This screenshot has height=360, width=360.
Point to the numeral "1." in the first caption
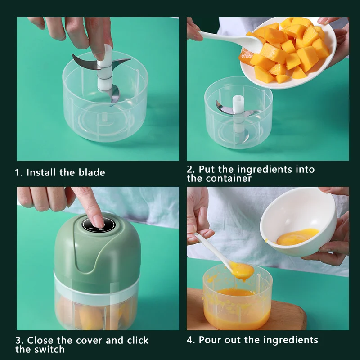19,172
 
